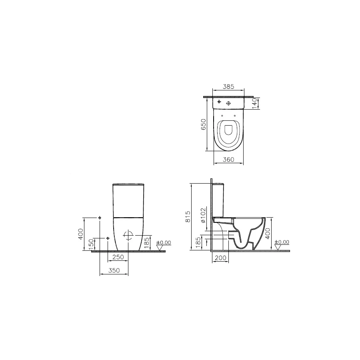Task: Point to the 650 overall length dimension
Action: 203,124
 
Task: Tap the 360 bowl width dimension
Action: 228,160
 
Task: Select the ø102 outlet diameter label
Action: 203,215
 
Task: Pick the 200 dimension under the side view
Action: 220,258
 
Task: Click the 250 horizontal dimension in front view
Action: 118,257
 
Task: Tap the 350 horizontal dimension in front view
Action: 114,271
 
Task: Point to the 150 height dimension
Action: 91,244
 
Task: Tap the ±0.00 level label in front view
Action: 163,242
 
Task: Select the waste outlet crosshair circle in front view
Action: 128,235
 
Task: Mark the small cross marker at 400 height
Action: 100,218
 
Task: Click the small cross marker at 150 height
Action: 108,238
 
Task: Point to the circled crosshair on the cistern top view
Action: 228,103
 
